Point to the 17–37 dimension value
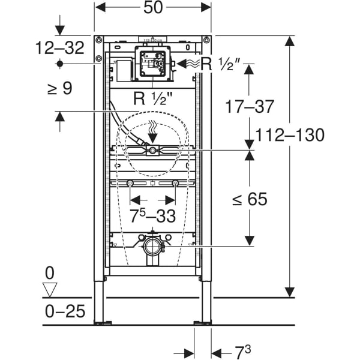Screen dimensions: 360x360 pos(249,107)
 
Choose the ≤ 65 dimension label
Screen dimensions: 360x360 pos(250,199)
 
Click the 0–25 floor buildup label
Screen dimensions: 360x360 pos(65,311)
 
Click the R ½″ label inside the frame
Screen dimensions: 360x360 pos(152,98)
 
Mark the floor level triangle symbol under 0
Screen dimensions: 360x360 pos(50,290)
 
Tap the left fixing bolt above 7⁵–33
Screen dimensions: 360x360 pos(130,183)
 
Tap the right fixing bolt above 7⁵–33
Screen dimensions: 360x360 pos(175,183)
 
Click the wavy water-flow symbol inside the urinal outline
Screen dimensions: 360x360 pos(152,127)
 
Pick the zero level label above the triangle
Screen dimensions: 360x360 pos(49,273)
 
